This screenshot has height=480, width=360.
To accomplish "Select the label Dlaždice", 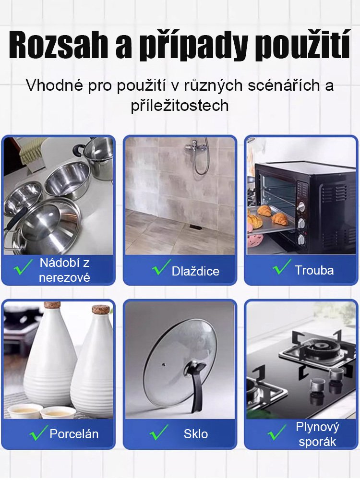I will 195,271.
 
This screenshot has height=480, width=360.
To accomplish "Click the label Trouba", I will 314,270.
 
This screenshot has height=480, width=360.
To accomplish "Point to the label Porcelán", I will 74,434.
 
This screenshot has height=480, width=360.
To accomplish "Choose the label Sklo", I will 196,434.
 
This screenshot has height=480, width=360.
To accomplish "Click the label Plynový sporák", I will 317,434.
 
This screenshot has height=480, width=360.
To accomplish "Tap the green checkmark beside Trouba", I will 281,268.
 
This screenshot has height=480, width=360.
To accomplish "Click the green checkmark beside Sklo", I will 158,432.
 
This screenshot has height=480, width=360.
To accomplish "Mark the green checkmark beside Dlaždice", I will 161,268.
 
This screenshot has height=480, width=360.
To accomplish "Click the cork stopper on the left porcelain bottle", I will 52,305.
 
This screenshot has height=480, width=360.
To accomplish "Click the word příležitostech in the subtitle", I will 180,106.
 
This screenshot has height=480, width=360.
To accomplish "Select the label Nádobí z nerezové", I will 64,270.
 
